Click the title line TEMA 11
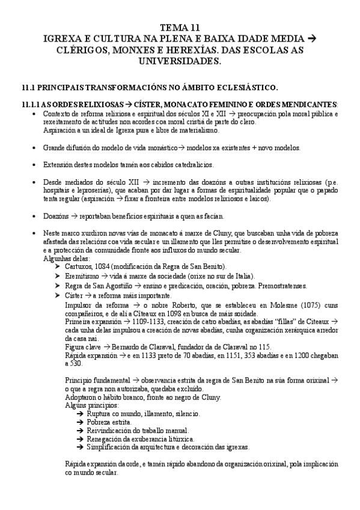pos(180,27)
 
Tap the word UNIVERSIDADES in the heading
pos(180,61)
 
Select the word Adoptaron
pos(81,398)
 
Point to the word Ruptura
pos(100,414)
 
